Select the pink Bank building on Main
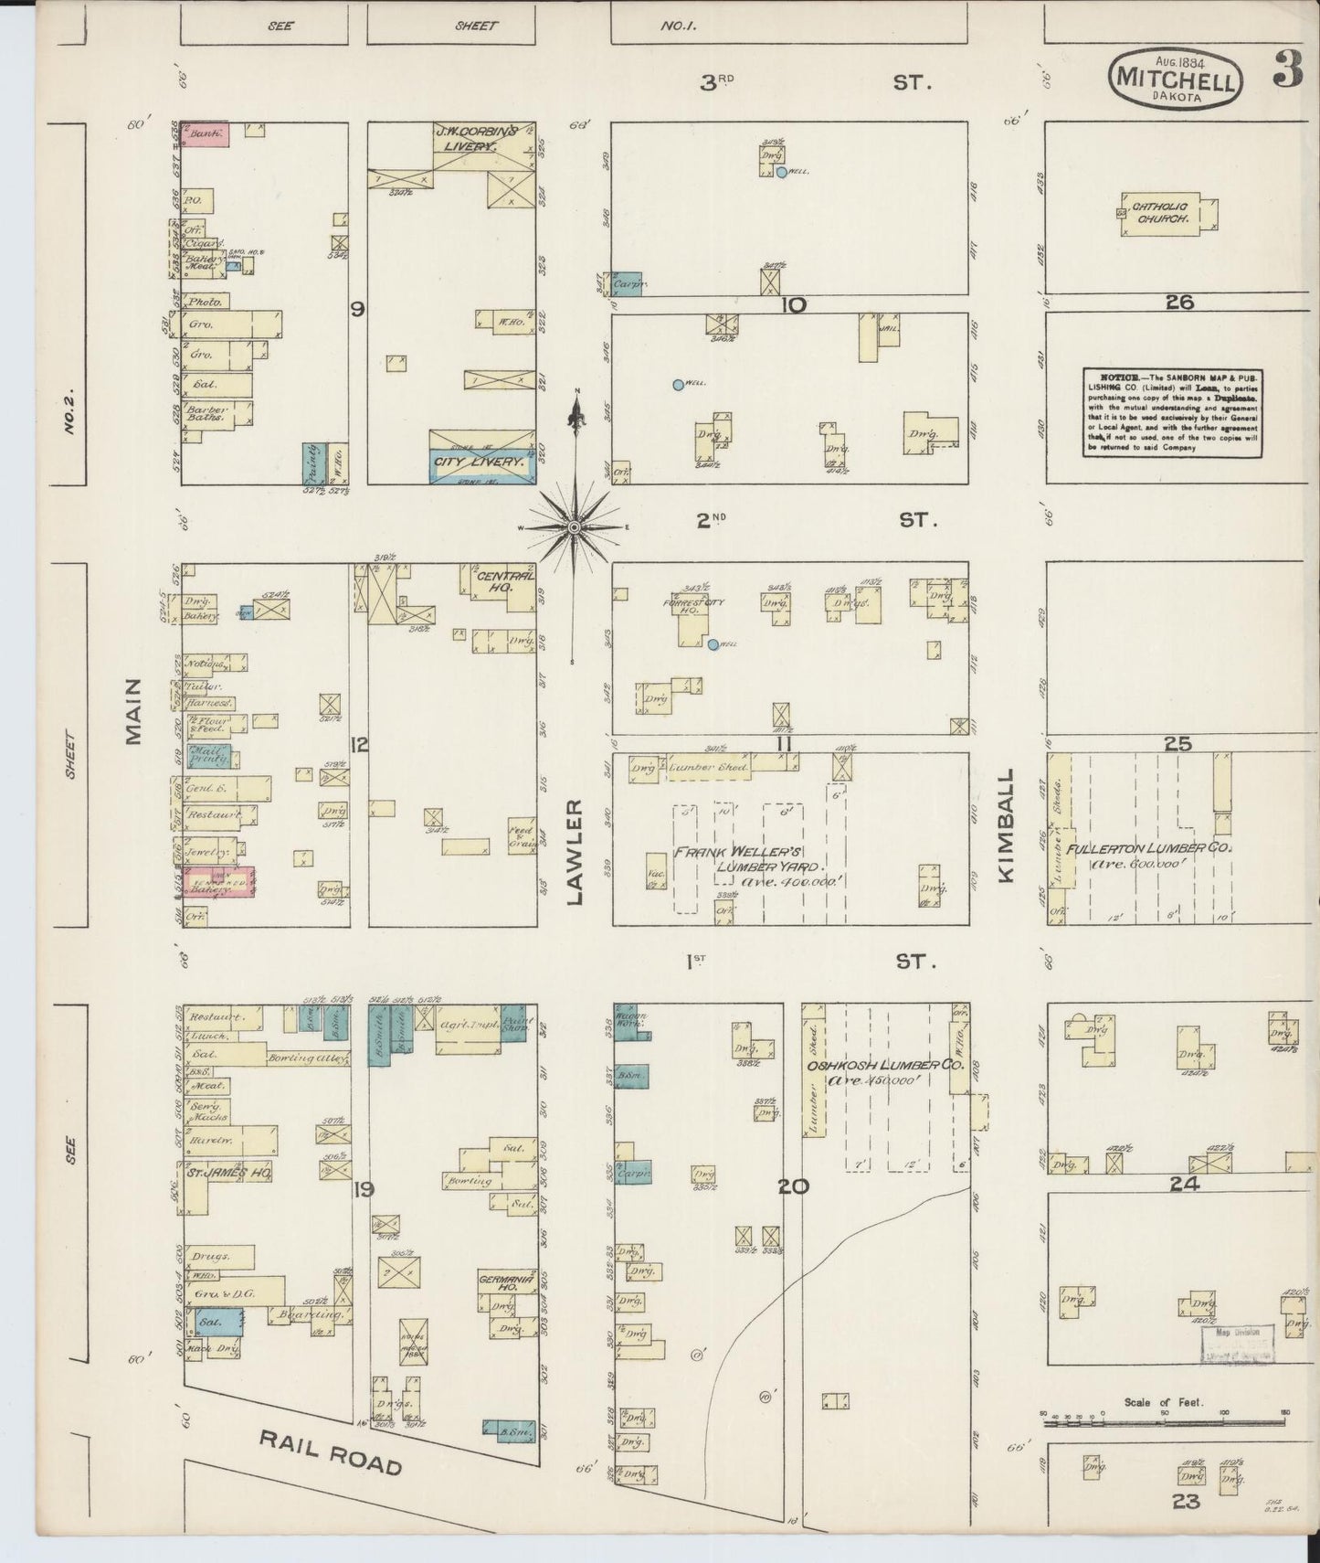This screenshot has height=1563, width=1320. click(205, 133)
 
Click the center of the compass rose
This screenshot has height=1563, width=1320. click(574, 528)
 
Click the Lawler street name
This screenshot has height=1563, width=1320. click(576, 851)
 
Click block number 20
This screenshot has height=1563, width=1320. click(794, 1186)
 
